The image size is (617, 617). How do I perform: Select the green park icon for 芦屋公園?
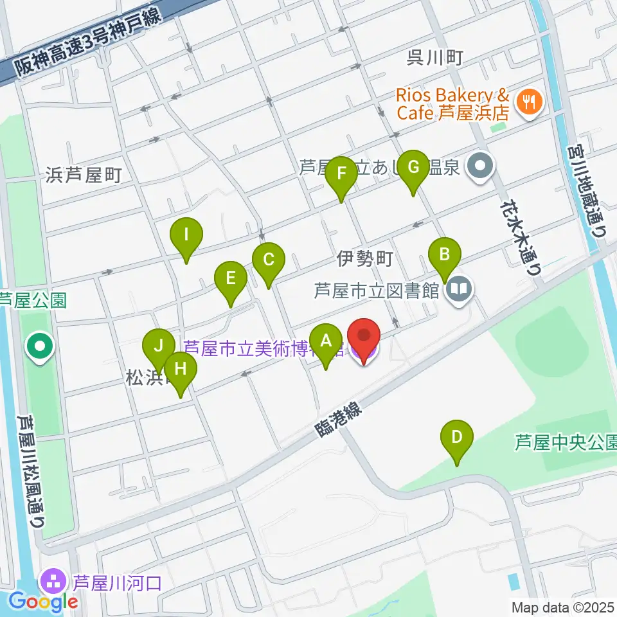(x=40, y=348)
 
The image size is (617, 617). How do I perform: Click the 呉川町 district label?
(x=435, y=58)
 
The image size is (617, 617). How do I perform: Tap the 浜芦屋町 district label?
(x=84, y=175)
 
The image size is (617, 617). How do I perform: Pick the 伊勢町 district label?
(x=364, y=259)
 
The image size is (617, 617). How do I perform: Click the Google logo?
(x=44, y=602)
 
